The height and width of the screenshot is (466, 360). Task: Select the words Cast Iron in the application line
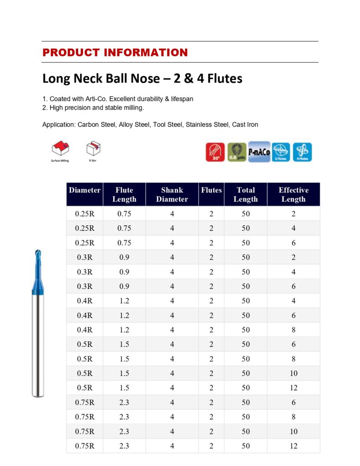(245, 124)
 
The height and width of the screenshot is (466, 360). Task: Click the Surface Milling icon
(60, 149)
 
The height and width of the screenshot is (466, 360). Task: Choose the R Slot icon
(93, 149)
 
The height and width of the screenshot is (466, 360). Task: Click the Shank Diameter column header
(172, 194)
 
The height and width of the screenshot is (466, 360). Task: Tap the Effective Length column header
(293, 194)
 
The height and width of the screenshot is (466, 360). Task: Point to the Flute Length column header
(124, 194)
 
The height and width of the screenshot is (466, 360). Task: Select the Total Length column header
(245, 194)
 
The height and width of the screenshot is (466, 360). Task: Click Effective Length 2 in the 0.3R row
(294, 257)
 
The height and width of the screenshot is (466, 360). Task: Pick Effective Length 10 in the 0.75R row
(294, 431)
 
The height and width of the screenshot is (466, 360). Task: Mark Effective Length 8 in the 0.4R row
(294, 330)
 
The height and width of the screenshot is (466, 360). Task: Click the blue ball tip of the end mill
(37, 253)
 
